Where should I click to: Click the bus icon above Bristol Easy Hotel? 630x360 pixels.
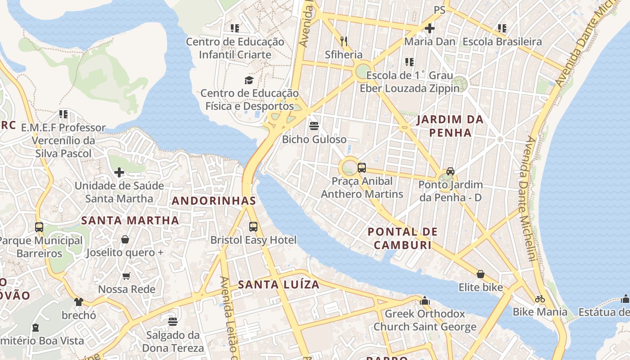(x=253, y=226)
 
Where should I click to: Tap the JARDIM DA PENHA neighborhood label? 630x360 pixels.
(x=450, y=126)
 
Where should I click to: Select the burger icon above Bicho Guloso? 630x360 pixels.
(x=314, y=126)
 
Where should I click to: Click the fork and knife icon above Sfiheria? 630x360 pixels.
(x=344, y=41)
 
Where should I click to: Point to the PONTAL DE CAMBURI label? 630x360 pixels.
(x=402, y=238)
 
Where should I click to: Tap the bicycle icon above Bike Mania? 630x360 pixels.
(x=540, y=299)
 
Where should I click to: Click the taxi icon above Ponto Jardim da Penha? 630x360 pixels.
(x=450, y=171)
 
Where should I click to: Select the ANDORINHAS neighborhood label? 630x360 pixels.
(x=214, y=201)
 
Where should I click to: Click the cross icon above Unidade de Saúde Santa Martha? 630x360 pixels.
(x=119, y=172)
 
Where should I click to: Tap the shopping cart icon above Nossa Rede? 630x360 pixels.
(x=126, y=276)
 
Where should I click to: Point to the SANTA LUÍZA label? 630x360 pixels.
(x=279, y=284)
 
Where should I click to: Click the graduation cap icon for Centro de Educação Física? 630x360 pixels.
(x=249, y=80)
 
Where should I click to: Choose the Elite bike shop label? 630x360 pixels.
(x=481, y=287)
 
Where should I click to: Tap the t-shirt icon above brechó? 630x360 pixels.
(x=79, y=301)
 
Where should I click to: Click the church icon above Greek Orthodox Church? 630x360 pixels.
(x=425, y=300)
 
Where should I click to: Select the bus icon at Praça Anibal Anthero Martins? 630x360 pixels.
(x=362, y=168)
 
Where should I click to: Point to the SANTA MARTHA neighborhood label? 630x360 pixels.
(x=130, y=220)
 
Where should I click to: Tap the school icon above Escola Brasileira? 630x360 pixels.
(x=502, y=28)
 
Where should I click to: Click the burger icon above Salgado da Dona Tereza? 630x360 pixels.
(x=173, y=322)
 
